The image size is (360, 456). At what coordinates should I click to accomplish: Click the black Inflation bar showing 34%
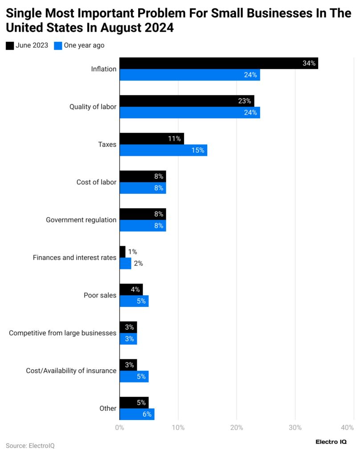218,63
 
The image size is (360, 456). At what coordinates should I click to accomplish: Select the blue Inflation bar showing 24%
189,75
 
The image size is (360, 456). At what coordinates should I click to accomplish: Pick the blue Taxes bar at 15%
163,151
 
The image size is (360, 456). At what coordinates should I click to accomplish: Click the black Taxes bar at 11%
151,138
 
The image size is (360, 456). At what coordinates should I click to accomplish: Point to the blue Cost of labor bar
143,188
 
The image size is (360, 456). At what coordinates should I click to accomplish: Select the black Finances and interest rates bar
123,252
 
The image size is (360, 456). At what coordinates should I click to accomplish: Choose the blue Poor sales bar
134,301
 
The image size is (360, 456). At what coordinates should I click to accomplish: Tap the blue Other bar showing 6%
137,414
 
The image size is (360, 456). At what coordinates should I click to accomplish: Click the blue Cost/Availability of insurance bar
134,376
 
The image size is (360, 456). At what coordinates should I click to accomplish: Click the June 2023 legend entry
27,45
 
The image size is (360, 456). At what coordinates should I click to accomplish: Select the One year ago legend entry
79,45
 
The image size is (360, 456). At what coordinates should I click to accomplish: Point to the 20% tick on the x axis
237,427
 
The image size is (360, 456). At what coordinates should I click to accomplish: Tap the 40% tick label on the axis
347,427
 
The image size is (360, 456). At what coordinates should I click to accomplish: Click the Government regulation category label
81,220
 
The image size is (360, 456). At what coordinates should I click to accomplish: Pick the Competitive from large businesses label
62,333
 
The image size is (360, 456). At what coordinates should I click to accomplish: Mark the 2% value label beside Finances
138,264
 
